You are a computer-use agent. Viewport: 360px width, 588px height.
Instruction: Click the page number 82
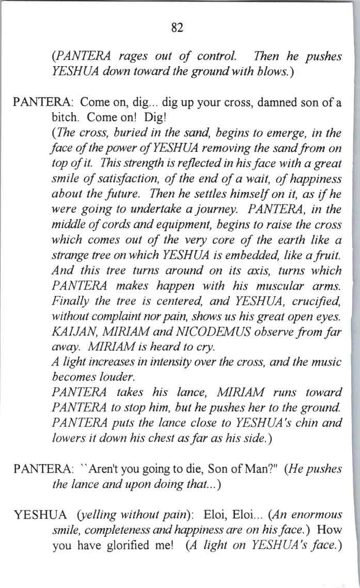pos(177,28)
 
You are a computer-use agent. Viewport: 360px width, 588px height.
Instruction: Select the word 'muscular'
pos(286,285)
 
